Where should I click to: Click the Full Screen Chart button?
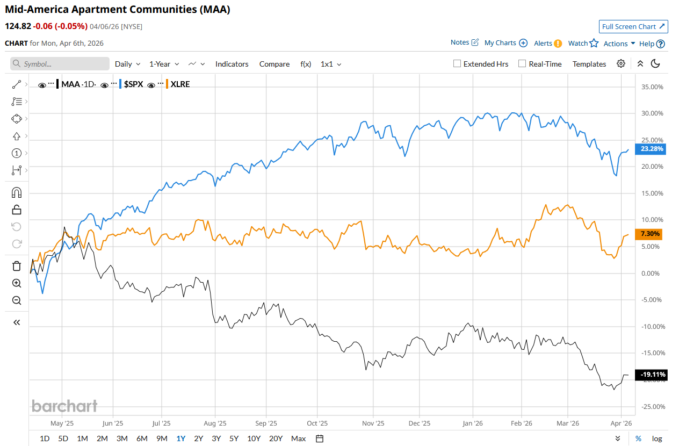(x=633, y=26)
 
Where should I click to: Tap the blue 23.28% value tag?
(x=650, y=149)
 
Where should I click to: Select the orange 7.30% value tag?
(x=650, y=234)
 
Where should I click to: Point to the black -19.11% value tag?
(x=650, y=375)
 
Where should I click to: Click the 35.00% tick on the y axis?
(x=652, y=87)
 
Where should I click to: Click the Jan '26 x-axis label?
(x=472, y=423)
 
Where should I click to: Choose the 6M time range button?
(x=142, y=438)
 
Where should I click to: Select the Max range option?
(x=298, y=438)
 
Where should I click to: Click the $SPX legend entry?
(x=134, y=84)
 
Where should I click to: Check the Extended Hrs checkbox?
(x=457, y=63)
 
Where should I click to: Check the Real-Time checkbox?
(x=522, y=63)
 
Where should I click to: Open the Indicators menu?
(x=232, y=64)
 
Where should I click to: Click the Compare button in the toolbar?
(x=274, y=64)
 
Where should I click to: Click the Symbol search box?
(x=60, y=64)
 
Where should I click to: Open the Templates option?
(x=589, y=64)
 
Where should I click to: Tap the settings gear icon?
(x=621, y=63)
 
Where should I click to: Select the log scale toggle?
(x=657, y=438)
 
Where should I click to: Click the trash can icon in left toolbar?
(x=17, y=266)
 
